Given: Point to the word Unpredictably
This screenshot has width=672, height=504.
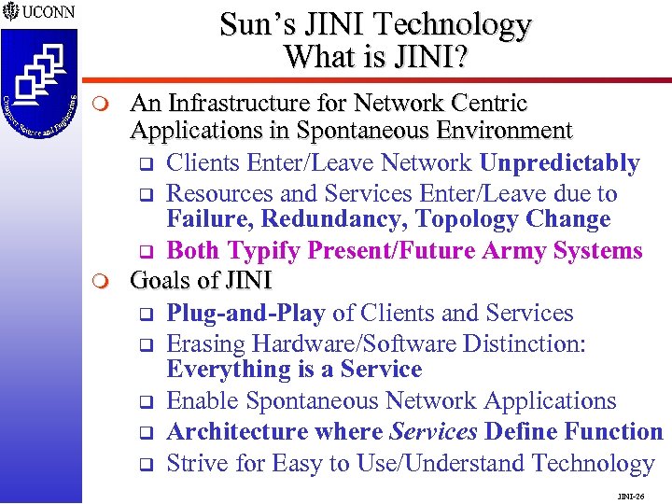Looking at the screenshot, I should (560, 163).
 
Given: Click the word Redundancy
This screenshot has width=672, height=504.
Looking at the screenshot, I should (334, 220).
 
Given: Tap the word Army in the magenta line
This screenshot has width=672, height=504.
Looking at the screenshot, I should (517, 251).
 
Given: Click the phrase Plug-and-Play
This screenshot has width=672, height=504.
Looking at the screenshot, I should (246, 313).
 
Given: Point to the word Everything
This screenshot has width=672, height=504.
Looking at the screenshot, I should (229, 370).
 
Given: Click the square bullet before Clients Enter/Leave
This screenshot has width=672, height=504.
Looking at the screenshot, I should (146, 165).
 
